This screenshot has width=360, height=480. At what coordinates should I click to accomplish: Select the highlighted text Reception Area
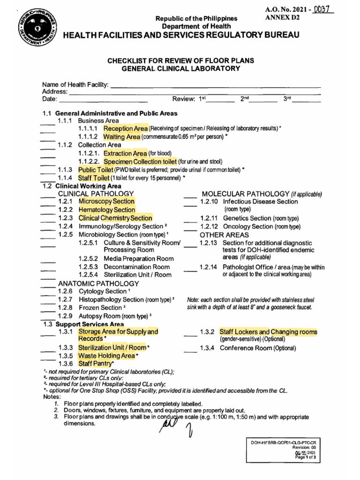[x=126, y=128]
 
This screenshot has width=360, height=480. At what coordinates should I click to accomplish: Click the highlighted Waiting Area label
[x=121, y=137]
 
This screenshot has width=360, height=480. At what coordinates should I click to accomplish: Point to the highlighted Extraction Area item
[x=125, y=153]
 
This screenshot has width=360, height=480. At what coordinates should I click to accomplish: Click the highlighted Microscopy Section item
[x=106, y=202]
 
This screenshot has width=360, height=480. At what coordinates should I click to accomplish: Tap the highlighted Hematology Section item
[x=107, y=210]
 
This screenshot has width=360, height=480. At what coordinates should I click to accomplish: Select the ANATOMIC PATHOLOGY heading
[x=98, y=284]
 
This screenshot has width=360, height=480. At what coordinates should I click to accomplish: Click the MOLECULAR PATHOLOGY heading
[x=245, y=194]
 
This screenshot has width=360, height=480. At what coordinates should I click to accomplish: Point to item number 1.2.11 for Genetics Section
[x=209, y=218]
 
